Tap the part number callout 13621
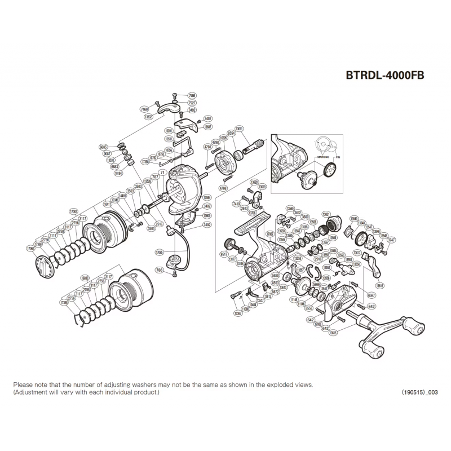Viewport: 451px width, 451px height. click(326, 214)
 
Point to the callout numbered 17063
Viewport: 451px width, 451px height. click(73, 211)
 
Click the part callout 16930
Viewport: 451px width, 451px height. click(85, 278)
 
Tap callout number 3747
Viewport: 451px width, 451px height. click(392, 240)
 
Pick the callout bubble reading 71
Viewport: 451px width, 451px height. click(161, 172)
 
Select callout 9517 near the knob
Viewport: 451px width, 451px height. click(223, 254)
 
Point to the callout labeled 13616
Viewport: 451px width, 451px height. click(379, 286)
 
